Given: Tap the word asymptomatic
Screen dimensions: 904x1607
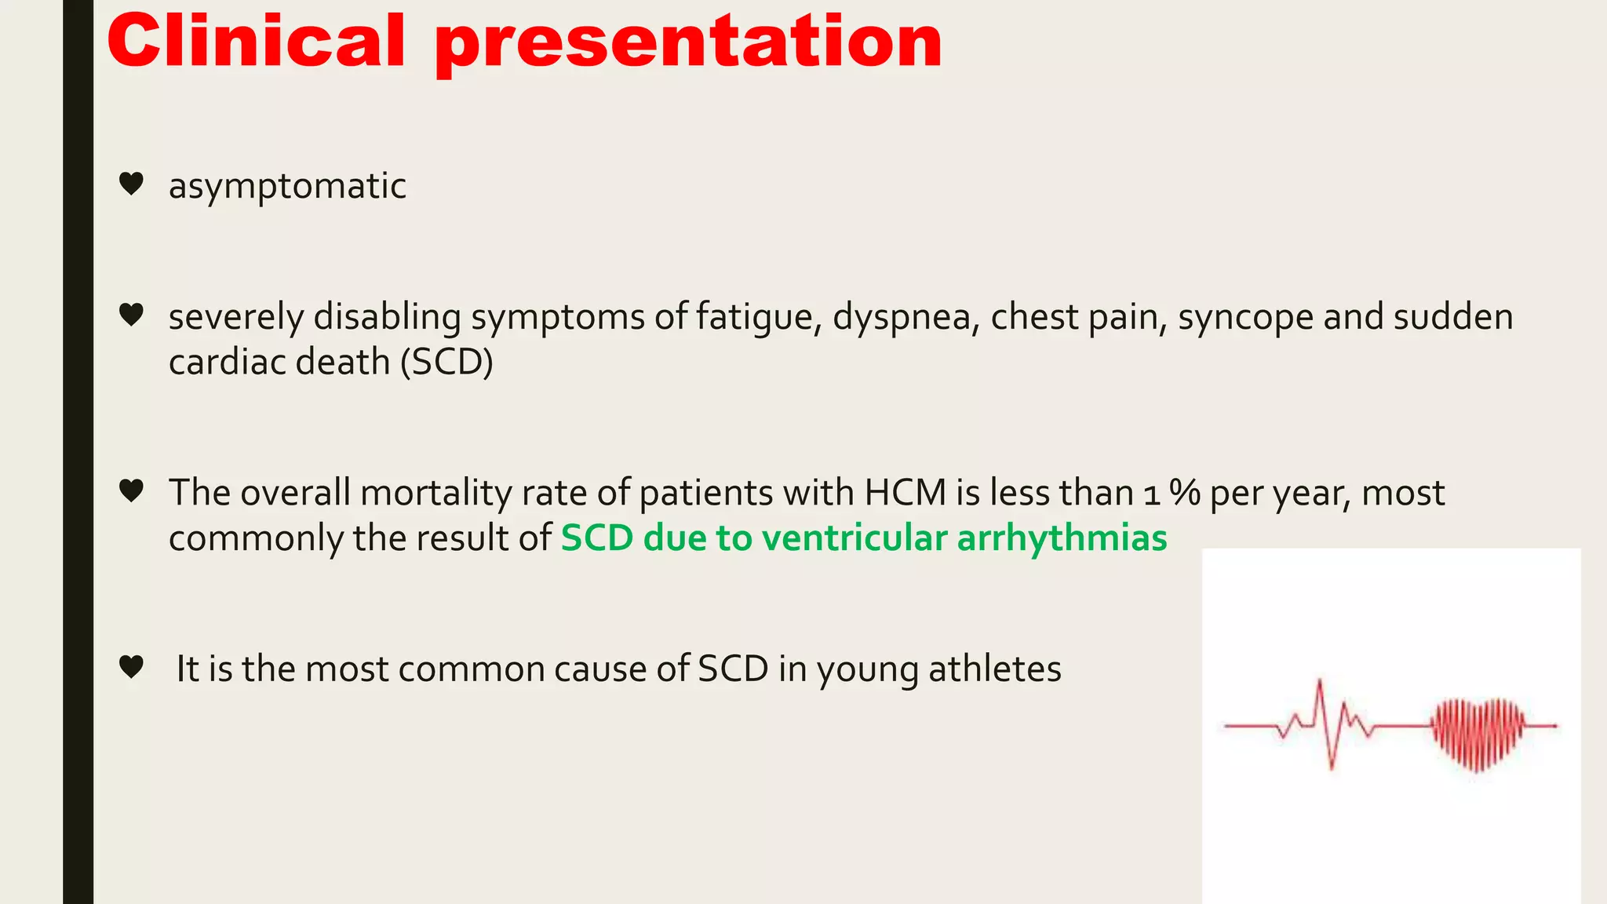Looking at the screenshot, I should [x=287, y=187].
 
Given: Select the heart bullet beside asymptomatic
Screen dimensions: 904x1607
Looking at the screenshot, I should [x=131, y=184].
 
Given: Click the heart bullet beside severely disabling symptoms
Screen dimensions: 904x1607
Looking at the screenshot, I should [x=131, y=315].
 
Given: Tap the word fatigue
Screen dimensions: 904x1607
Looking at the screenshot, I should [x=758, y=318].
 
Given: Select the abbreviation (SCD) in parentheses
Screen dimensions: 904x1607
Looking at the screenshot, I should [x=446, y=363].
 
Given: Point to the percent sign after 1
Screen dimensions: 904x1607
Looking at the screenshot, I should [x=1184, y=493].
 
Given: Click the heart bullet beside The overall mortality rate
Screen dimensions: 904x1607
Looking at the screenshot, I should [x=131, y=490].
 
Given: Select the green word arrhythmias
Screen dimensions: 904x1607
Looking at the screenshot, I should [x=1062, y=538].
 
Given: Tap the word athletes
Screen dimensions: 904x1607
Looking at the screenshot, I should [x=994, y=669].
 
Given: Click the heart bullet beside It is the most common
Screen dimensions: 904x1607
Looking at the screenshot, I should [x=131, y=667].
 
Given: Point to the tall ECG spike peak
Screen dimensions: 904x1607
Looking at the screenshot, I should [x=1319, y=682].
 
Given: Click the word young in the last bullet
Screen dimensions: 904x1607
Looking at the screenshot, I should [x=867, y=671].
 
